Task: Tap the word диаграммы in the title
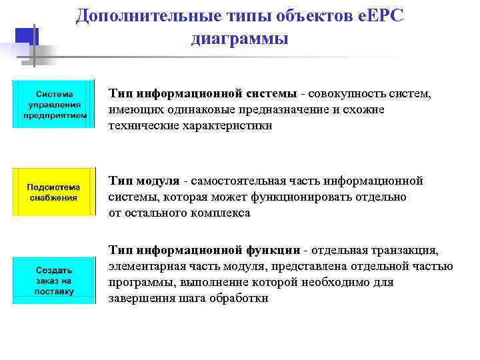click(x=239, y=39)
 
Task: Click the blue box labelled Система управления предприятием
click(x=55, y=104)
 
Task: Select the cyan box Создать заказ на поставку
click(x=55, y=281)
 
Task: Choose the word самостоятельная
click(x=237, y=181)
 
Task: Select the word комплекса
click(x=221, y=213)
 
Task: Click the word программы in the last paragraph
click(x=135, y=283)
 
